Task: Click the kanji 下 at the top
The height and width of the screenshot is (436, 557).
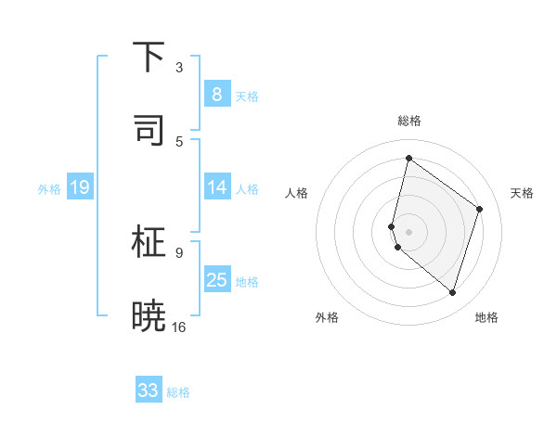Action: click(x=149, y=57)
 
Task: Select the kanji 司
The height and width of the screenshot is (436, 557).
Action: click(x=149, y=130)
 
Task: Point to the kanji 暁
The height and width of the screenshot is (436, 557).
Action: click(x=149, y=315)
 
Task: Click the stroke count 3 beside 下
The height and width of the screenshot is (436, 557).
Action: click(x=179, y=68)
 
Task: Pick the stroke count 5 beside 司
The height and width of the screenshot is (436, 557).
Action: click(x=179, y=141)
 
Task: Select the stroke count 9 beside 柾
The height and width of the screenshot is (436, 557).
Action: click(x=179, y=252)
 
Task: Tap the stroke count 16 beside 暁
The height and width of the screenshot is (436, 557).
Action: click(x=179, y=327)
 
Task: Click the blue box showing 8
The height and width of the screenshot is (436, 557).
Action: click(x=216, y=94)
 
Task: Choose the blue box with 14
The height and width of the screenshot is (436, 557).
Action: click(x=216, y=187)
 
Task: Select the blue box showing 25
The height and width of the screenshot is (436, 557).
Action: click(x=216, y=280)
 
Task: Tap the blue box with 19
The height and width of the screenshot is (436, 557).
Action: click(x=79, y=188)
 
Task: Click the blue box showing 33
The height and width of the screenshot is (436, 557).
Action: click(x=149, y=391)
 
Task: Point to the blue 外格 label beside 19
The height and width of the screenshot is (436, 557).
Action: click(x=49, y=189)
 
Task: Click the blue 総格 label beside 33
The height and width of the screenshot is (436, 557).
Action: click(x=179, y=392)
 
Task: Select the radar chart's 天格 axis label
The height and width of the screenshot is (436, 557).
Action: click(x=523, y=193)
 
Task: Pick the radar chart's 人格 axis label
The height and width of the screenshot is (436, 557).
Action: click(x=296, y=193)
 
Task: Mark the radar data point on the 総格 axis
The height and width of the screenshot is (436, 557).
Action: click(x=408, y=158)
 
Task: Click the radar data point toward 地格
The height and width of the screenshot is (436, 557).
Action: click(x=452, y=293)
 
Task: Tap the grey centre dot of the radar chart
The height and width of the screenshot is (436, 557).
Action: click(x=408, y=231)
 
